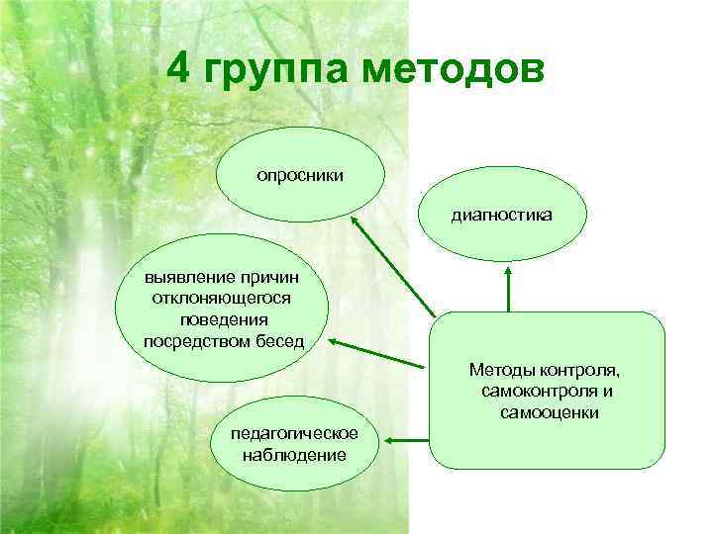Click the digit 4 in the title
click(179, 70)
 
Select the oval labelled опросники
click(300, 175)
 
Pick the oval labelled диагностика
click(503, 213)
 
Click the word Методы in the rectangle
click(503, 371)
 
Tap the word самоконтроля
click(530, 392)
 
